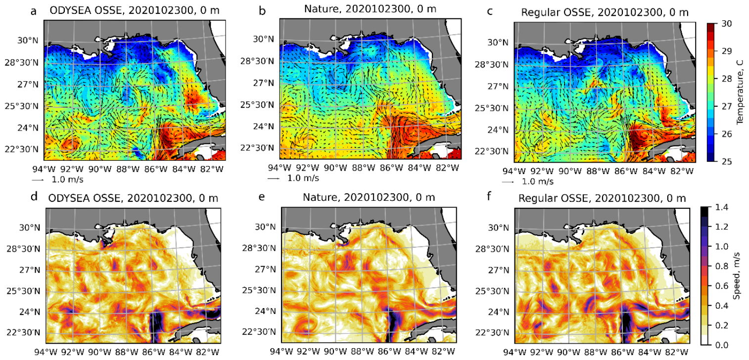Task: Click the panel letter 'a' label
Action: (x=34, y=11)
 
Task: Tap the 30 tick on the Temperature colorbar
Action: (x=726, y=23)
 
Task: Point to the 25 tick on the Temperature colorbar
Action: (x=726, y=161)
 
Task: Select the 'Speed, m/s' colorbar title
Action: (x=736, y=276)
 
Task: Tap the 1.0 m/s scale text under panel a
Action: (x=68, y=180)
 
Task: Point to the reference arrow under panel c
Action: (x=508, y=182)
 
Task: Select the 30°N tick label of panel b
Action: (x=264, y=39)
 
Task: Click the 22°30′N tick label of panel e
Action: (x=259, y=332)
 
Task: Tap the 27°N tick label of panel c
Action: (x=498, y=87)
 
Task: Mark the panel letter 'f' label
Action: (x=489, y=196)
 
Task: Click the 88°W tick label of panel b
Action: (x=363, y=168)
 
